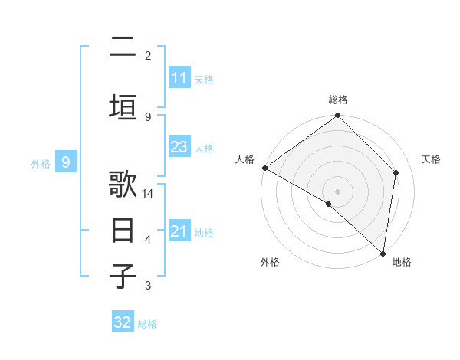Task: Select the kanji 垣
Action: [123, 107]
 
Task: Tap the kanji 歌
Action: [123, 185]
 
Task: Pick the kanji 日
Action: [123, 231]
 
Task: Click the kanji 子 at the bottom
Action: [123, 276]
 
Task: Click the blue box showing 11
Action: [179, 78]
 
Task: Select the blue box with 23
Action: [179, 147]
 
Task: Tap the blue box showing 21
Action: [179, 231]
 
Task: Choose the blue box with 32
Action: [123, 322]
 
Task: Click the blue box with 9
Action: [66, 162]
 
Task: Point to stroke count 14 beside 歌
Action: [148, 194]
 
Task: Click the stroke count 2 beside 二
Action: [148, 55]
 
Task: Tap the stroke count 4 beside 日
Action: [148, 240]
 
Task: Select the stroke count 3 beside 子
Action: [148, 286]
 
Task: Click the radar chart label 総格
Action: [338, 100]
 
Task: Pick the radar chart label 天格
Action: [432, 159]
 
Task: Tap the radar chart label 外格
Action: [270, 262]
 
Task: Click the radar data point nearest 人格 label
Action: [264, 168]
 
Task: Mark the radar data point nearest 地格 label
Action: [383, 253]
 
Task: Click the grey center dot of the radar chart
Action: [338, 191]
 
